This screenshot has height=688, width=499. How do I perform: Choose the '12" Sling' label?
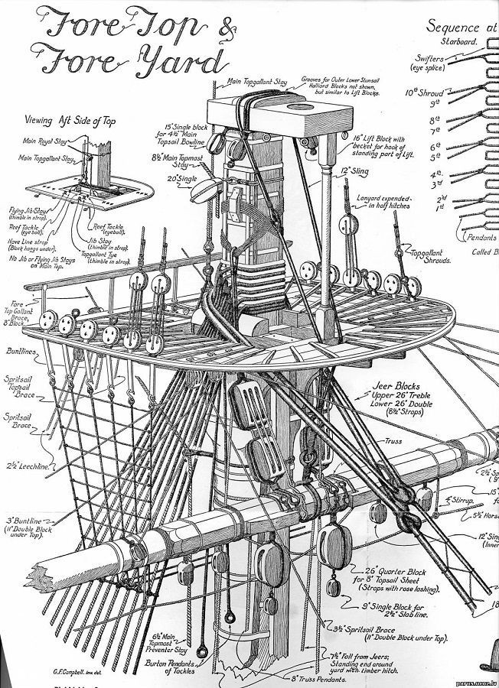356,171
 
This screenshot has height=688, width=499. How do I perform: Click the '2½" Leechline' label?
21,465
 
